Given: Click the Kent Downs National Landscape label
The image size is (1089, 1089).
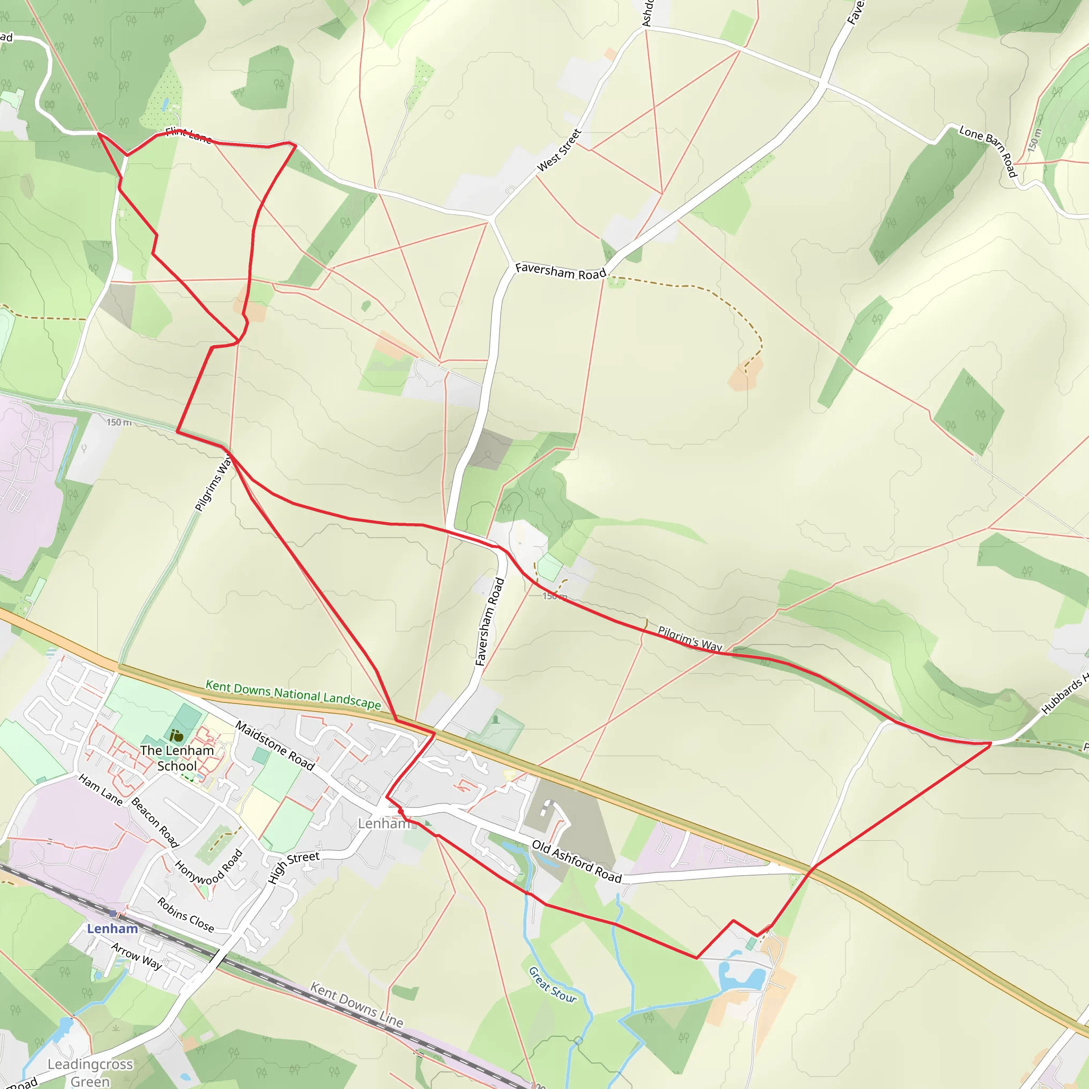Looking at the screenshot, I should pyautogui.click(x=293, y=694).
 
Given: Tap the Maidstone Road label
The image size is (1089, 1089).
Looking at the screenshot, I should pyautogui.click(x=274, y=745).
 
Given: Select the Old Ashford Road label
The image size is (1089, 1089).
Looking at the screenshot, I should pyautogui.click(x=576, y=861).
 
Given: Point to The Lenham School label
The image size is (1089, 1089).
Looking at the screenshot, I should pyautogui.click(x=177, y=758).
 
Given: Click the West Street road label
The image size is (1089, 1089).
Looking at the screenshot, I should pyautogui.click(x=559, y=150).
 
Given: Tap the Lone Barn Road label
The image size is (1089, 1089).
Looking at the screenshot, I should pyautogui.click(x=987, y=150).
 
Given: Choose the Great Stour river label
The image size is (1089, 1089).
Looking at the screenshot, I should pyautogui.click(x=552, y=985).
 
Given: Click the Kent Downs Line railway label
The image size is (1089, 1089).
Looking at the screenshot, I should pyautogui.click(x=357, y=1004).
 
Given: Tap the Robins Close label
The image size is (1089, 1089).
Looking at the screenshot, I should pyautogui.click(x=186, y=915).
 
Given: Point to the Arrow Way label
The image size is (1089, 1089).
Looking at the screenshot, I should pyautogui.click(x=137, y=956).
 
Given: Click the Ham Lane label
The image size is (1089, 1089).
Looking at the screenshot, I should pyautogui.click(x=100, y=789).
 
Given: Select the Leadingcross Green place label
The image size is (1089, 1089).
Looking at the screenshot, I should pyautogui.click(x=90, y=1072).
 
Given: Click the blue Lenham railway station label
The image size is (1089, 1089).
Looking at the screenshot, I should pyautogui.click(x=112, y=929).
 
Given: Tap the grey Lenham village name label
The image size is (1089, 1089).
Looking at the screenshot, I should pyautogui.click(x=383, y=824).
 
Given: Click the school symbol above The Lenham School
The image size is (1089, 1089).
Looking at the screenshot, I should pyautogui.click(x=177, y=735).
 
